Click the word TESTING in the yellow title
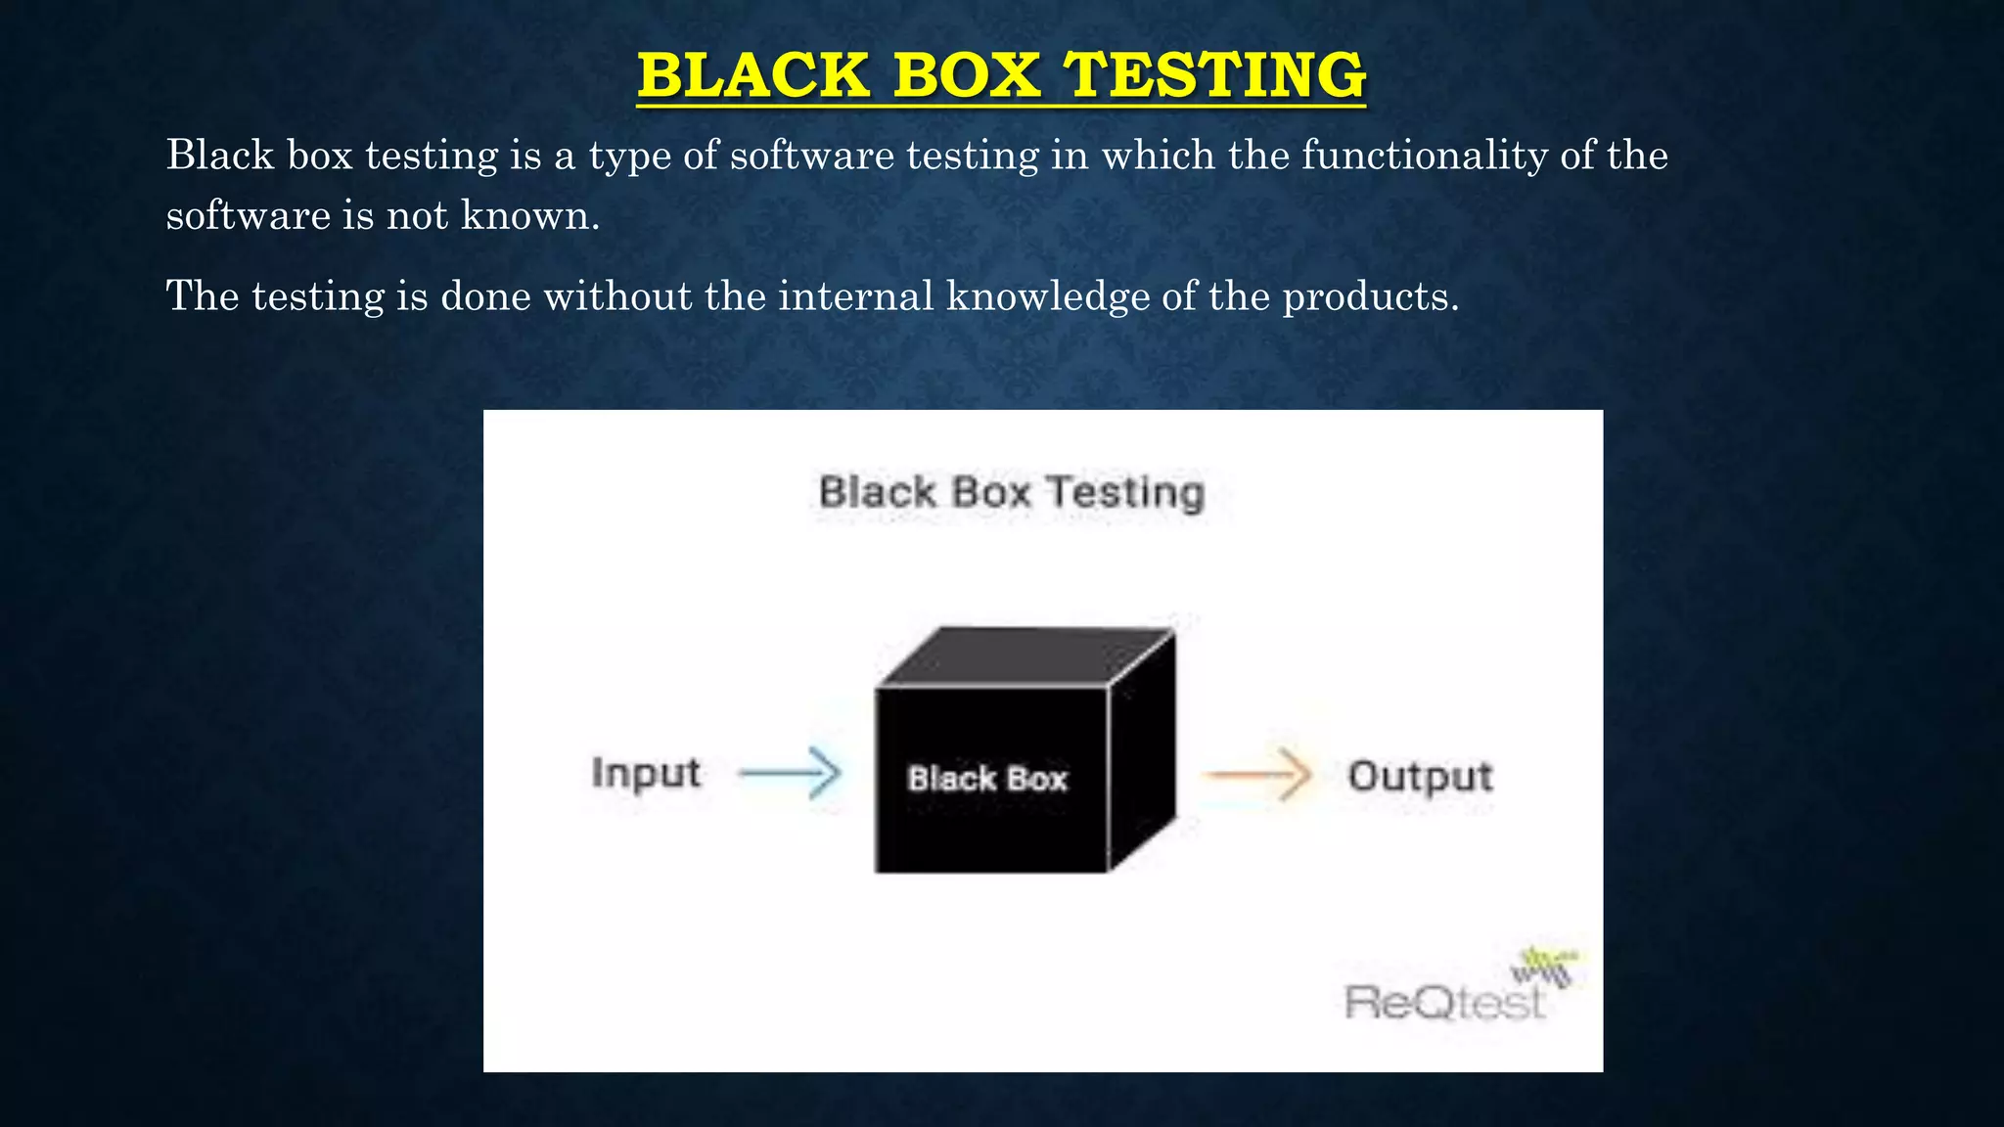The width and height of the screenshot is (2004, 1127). coord(1214,75)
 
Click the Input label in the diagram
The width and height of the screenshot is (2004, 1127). coord(646,773)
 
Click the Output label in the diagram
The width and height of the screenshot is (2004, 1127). coord(1420,777)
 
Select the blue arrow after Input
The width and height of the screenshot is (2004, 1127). coord(791,774)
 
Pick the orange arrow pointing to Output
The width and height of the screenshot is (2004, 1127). coord(1258,776)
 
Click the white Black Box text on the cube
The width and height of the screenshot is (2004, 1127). coord(987,779)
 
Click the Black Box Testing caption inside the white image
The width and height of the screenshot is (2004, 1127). coord(1012,492)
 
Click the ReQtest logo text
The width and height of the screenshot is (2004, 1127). coord(1444,1003)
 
